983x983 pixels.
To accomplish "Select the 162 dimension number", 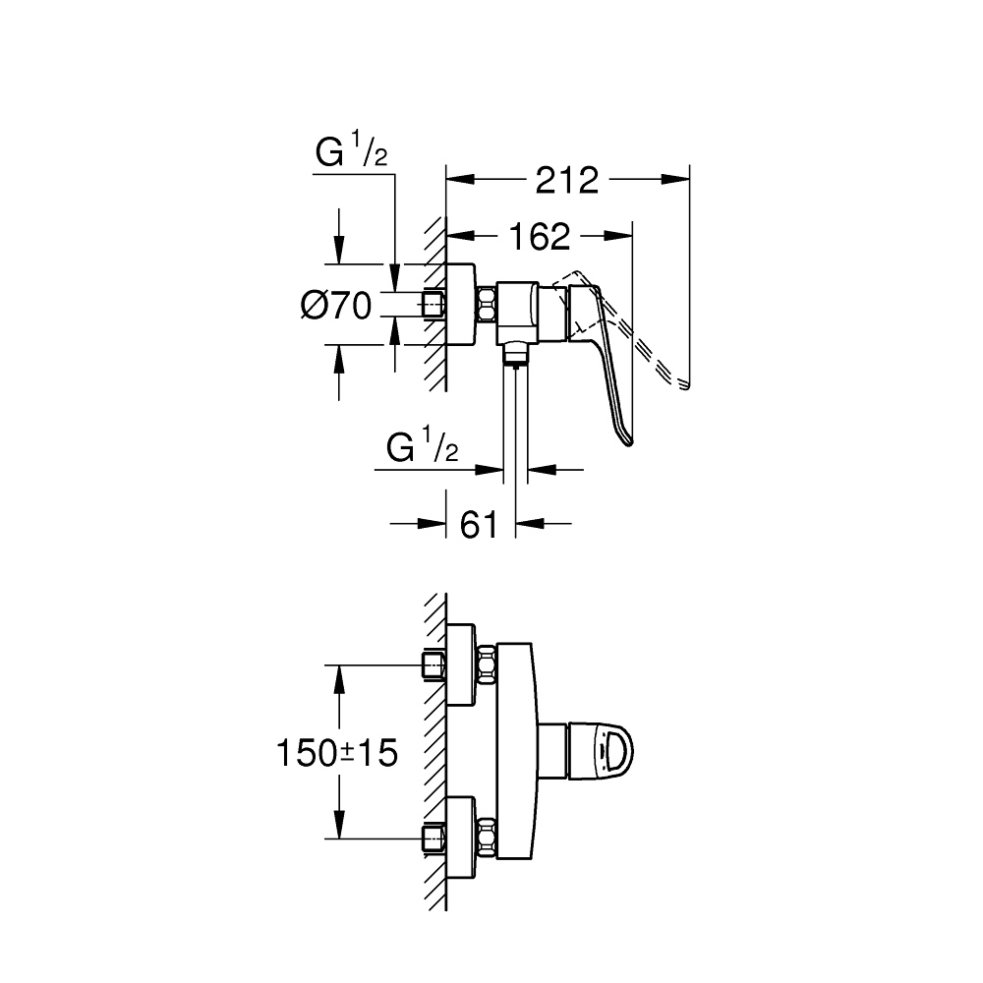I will click(x=540, y=236).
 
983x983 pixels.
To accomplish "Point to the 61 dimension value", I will click(x=478, y=525).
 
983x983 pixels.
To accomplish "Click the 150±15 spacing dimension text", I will click(x=337, y=754).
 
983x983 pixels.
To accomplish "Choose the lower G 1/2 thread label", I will click(x=423, y=449).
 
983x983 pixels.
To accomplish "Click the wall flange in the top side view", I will click(x=460, y=304).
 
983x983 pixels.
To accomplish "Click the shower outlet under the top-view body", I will click(x=516, y=351).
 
